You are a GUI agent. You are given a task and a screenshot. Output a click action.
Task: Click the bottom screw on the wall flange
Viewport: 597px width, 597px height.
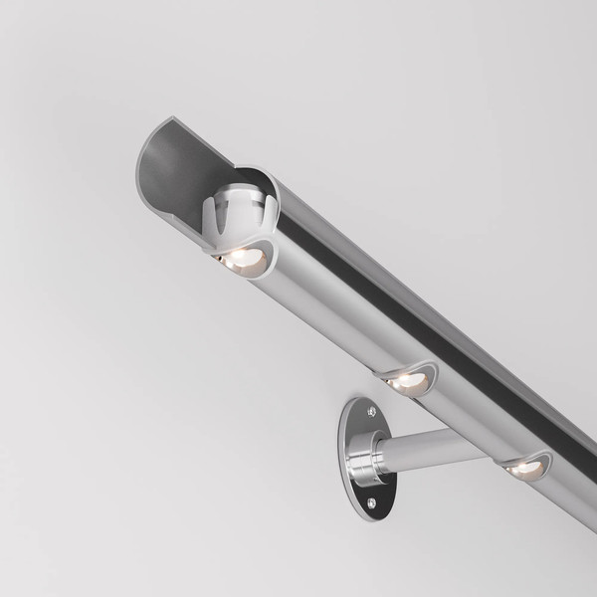(x=372, y=503)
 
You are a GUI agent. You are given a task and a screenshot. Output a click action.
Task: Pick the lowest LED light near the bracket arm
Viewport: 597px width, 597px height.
(x=524, y=467)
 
